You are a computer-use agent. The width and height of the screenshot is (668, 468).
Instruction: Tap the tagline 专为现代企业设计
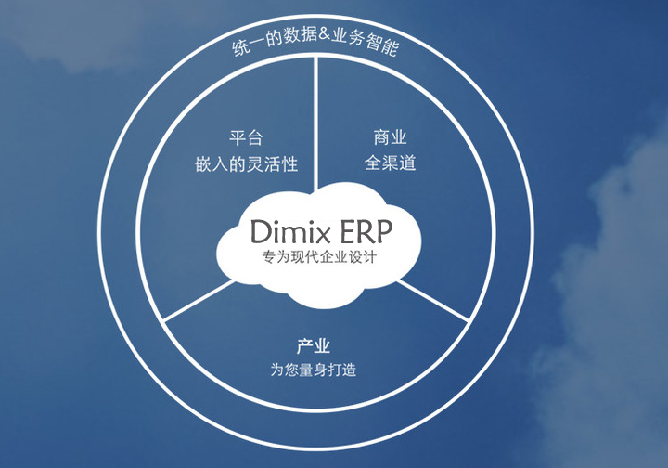(x=319, y=255)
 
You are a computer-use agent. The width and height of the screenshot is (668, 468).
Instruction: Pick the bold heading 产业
(x=314, y=346)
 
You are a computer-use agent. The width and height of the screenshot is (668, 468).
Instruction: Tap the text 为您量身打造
(x=314, y=370)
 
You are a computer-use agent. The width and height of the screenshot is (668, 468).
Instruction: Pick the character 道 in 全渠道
(x=406, y=163)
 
